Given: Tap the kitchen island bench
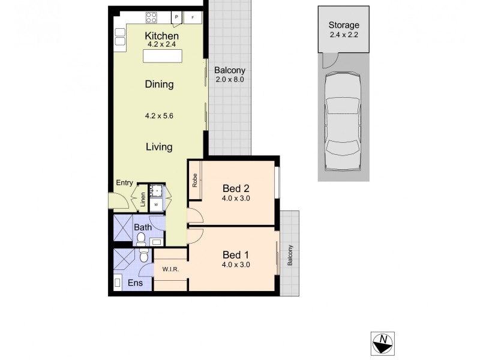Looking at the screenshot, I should pyautogui.click(x=163, y=56).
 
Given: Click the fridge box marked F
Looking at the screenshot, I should pyautogui.click(x=193, y=17).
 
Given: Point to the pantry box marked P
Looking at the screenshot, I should pyautogui.click(x=176, y=17).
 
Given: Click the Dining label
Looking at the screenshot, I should pyautogui.click(x=159, y=85).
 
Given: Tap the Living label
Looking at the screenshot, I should pyautogui.click(x=158, y=146).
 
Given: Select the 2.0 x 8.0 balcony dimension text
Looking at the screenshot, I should pyautogui.click(x=229, y=79).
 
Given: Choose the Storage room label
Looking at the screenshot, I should pyautogui.click(x=344, y=25).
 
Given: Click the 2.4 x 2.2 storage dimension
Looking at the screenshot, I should pyautogui.click(x=344, y=35).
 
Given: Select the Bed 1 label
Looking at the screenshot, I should pyautogui.click(x=236, y=254).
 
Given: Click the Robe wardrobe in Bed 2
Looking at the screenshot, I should pyautogui.click(x=195, y=181).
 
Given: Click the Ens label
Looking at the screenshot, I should pyautogui.click(x=135, y=283).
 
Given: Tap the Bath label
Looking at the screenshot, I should pyautogui.click(x=143, y=227).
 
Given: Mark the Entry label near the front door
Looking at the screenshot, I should pyautogui.click(x=125, y=182).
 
